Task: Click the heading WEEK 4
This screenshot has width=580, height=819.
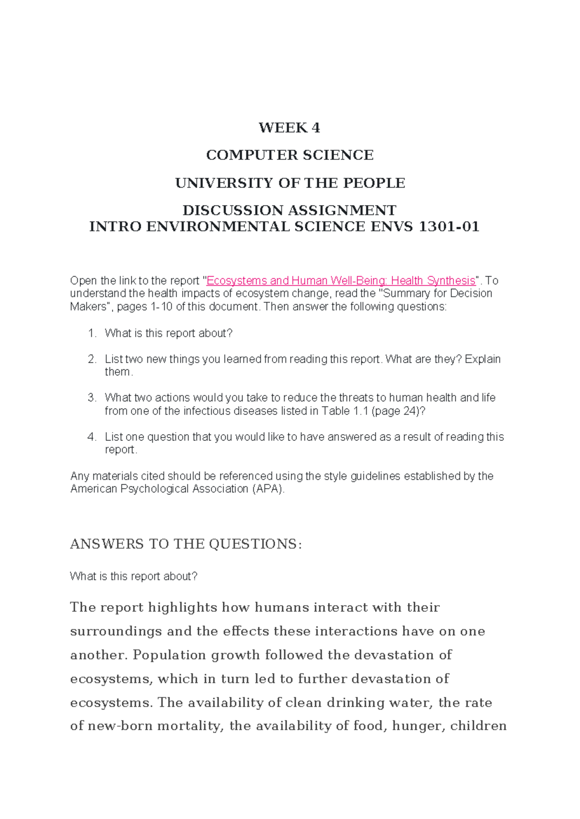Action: [x=289, y=127]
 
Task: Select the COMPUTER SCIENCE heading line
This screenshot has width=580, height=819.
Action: [x=290, y=155]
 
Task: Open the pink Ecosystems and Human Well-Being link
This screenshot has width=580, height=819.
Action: [x=341, y=281]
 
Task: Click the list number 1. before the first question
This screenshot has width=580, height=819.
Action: [x=92, y=333]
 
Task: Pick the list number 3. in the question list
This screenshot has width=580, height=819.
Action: [x=92, y=397]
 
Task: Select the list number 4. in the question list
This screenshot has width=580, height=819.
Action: [x=92, y=437]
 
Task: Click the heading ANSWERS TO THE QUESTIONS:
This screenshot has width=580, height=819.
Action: [x=186, y=544]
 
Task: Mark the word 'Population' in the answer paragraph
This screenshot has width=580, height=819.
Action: [x=162, y=655]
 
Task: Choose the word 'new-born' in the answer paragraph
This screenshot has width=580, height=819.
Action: [x=121, y=726]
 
